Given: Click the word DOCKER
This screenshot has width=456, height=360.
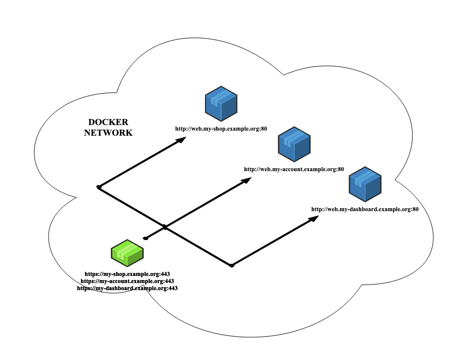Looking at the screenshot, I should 108,122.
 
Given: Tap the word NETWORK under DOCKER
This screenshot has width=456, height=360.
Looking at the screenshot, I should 108,133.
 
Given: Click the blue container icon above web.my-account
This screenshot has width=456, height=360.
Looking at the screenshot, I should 294,144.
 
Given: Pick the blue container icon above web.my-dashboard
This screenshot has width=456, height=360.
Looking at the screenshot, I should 365,184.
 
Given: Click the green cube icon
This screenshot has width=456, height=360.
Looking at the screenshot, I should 127,253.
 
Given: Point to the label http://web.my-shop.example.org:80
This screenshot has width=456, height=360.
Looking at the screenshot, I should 221,129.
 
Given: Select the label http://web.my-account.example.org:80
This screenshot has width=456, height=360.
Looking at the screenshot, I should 294,169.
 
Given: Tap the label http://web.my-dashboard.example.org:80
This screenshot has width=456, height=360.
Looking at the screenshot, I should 364,209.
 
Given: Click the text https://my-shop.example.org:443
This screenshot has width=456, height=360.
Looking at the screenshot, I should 127,274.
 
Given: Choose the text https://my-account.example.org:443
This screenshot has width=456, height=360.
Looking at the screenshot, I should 127,281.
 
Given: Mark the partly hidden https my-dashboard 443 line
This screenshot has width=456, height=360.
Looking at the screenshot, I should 129,288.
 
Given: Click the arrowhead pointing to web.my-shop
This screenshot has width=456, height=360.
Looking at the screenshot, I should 182,140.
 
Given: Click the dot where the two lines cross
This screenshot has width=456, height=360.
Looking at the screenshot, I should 164,227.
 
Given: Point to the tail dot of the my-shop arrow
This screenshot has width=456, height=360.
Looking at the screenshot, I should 99,187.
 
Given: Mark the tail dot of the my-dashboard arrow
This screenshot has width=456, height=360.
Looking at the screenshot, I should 231,265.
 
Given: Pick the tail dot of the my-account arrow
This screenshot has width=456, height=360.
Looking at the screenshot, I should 145,238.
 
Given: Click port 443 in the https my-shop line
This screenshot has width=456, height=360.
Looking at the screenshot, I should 164,274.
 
